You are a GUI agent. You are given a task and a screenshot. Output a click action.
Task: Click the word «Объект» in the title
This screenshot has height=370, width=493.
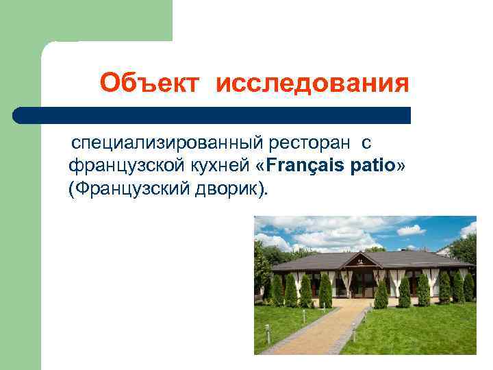(149, 84)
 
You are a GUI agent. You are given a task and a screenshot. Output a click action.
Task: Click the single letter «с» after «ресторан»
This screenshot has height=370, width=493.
(366, 143)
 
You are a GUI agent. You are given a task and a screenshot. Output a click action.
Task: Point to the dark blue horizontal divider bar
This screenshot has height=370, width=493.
(212, 115)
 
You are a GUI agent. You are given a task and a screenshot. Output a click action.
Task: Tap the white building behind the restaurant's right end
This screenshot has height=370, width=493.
(445, 250)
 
